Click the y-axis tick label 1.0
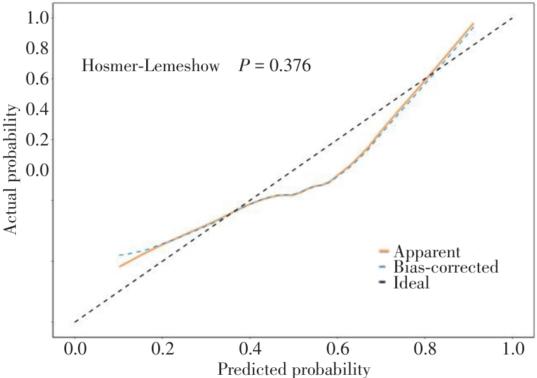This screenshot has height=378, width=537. click(x=37, y=18)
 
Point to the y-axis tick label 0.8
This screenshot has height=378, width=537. click(x=37, y=48)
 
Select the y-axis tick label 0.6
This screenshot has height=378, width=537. click(x=37, y=78)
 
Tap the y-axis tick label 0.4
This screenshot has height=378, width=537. click(x=37, y=109)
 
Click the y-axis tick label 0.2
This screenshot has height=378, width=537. click(x=37, y=139)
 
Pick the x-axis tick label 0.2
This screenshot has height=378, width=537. click(x=162, y=349)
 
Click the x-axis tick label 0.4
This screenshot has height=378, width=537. click(x=250, y=349)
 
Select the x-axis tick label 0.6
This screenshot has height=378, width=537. click(x=337, y=349)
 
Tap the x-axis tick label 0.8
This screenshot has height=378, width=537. click(x=425, y=349)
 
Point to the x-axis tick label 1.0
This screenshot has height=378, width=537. click(x=513, y=349)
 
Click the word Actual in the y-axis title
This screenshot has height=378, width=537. click(x=10, y=216)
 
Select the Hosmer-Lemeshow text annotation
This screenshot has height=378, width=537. click(x=151, y=65)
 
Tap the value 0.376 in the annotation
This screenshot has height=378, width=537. click(x=290, y=65)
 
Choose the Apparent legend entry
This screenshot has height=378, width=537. click(x=420, y=252)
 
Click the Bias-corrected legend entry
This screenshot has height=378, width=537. click(x=439, y=267)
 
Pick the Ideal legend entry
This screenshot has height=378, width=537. click(x=404, y=283)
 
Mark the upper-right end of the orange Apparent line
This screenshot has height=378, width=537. click(x=473, y=24)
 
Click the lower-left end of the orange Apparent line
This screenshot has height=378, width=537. click(x=119, y=266)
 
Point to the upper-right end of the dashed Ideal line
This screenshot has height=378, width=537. click(x=513, y=17)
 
